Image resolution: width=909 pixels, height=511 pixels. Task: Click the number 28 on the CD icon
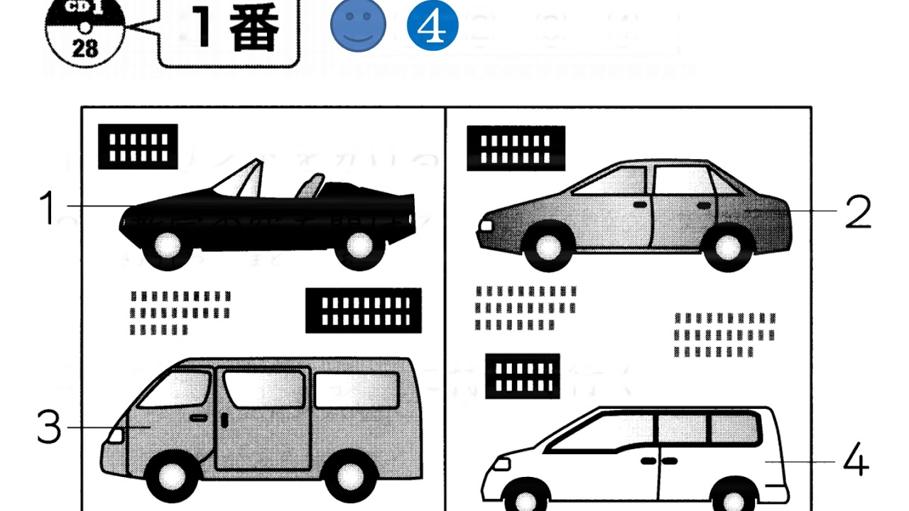(x=85, y=48)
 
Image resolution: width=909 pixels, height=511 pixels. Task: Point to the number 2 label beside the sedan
(x=857, y=211)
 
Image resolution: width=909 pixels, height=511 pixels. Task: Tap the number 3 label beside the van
(x=49, y=427)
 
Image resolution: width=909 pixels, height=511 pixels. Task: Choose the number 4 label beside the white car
(x=856, y=461)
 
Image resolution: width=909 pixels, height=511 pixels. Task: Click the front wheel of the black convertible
(x=169, y=246)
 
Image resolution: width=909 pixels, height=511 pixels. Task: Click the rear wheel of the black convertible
(x=359, y=246)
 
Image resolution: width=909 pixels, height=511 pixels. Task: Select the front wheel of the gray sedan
(x=548, y=248)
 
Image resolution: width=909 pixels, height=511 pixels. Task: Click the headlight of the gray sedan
(x=486, y=226)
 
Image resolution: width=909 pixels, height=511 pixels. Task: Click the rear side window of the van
(x=356, y=390)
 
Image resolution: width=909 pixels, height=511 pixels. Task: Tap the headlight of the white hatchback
(x=501, y=464)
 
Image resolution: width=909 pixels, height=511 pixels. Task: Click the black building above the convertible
(x=138, y=147)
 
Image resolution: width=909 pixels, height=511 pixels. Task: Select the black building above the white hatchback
(x=523, y=376)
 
